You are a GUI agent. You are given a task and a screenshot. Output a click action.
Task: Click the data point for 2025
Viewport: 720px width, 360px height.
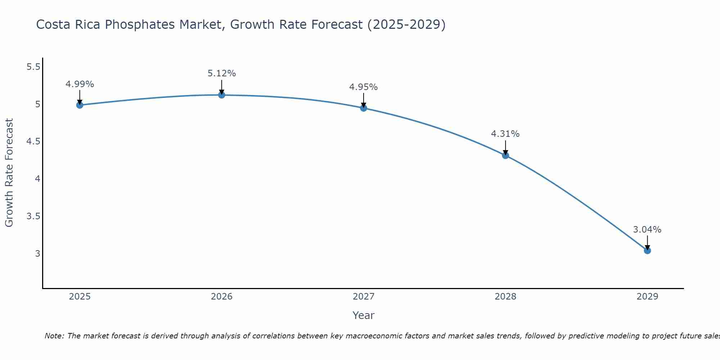(80, 105)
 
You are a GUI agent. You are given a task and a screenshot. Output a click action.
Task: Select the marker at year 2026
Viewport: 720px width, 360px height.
(222, 95)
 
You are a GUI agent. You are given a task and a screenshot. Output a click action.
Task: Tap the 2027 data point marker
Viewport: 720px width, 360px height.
(364, 108)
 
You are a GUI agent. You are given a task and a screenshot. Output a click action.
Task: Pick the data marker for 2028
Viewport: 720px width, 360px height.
(505, 156)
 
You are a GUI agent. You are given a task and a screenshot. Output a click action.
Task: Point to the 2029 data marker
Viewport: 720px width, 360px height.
(647, 251)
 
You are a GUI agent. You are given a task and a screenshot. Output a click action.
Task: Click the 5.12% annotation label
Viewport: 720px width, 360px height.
(222, 73)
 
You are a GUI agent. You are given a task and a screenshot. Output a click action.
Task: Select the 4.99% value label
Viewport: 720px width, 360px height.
(80, 84)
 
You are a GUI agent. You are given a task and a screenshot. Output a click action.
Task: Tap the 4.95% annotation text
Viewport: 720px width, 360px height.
(364, 87)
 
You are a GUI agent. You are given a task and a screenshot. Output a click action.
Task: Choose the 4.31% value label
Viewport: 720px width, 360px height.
(505, 134)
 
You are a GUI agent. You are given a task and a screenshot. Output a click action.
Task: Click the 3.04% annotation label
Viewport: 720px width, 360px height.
(647, 230)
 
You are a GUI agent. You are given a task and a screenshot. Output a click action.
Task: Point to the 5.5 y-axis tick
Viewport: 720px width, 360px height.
(33, 67)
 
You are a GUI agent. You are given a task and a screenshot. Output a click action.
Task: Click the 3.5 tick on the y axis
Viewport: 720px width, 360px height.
(33, 216)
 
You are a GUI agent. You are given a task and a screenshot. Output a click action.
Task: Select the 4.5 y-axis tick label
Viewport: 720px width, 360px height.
(33, 141)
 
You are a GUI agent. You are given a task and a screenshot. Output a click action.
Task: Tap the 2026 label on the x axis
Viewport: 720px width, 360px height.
(222, 297)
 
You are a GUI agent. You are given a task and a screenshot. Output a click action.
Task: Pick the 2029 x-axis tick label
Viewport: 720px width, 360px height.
(647, 297)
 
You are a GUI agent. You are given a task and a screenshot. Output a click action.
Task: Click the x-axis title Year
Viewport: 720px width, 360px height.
(364, 315)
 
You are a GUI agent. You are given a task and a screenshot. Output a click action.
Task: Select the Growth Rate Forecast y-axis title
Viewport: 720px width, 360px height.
(9, 173)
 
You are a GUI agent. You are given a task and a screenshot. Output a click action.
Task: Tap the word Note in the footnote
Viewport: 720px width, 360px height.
(54, 336)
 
